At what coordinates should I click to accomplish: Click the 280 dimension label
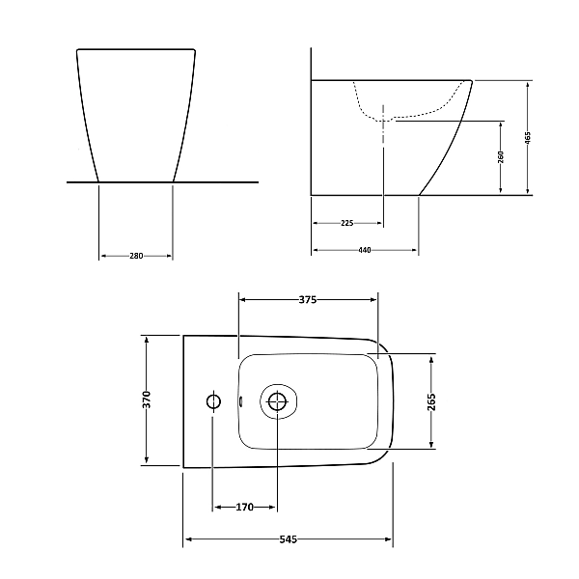tap(136, 256)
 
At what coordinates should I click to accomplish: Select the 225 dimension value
tap(346, 223)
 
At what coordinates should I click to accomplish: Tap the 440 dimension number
tap(365, 250)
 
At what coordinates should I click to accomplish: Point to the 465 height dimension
tap(528, 138)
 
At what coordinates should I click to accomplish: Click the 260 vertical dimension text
tap(501, 158)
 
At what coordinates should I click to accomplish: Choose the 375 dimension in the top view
tap(308, 299)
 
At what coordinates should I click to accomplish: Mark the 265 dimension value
tap(431, 402)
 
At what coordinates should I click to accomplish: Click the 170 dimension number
tap(245, 507)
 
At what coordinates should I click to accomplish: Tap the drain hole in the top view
tap(278, 402)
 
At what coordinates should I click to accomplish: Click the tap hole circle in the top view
tap(212, 400)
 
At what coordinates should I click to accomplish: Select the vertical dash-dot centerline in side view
tap(382, 164)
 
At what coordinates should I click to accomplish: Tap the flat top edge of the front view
tap(136, 48)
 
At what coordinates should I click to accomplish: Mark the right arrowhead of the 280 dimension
tap(169, 256)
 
